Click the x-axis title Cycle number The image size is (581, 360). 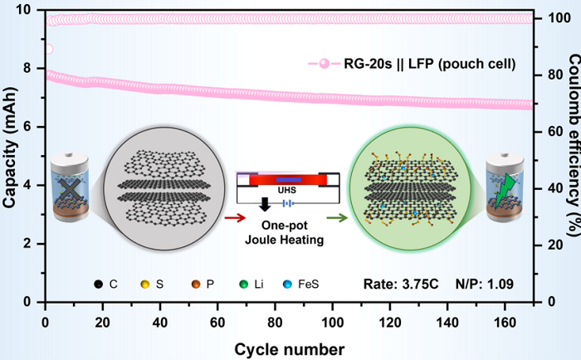[x=290, y=347]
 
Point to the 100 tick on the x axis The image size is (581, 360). [x=333, y=319]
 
